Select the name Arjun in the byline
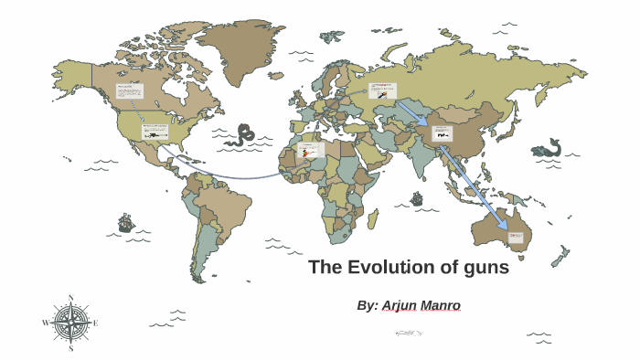(406, 305)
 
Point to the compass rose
(70, 323)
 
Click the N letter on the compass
(70, 298)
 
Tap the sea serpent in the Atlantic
(242, 135)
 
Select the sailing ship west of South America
(126, 222)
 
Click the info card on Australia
(517, 238)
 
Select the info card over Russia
(382, 90)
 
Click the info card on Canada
(130, 91)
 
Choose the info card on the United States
(155, 132)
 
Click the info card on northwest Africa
(310, 149)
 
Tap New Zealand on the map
(560, 256)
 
